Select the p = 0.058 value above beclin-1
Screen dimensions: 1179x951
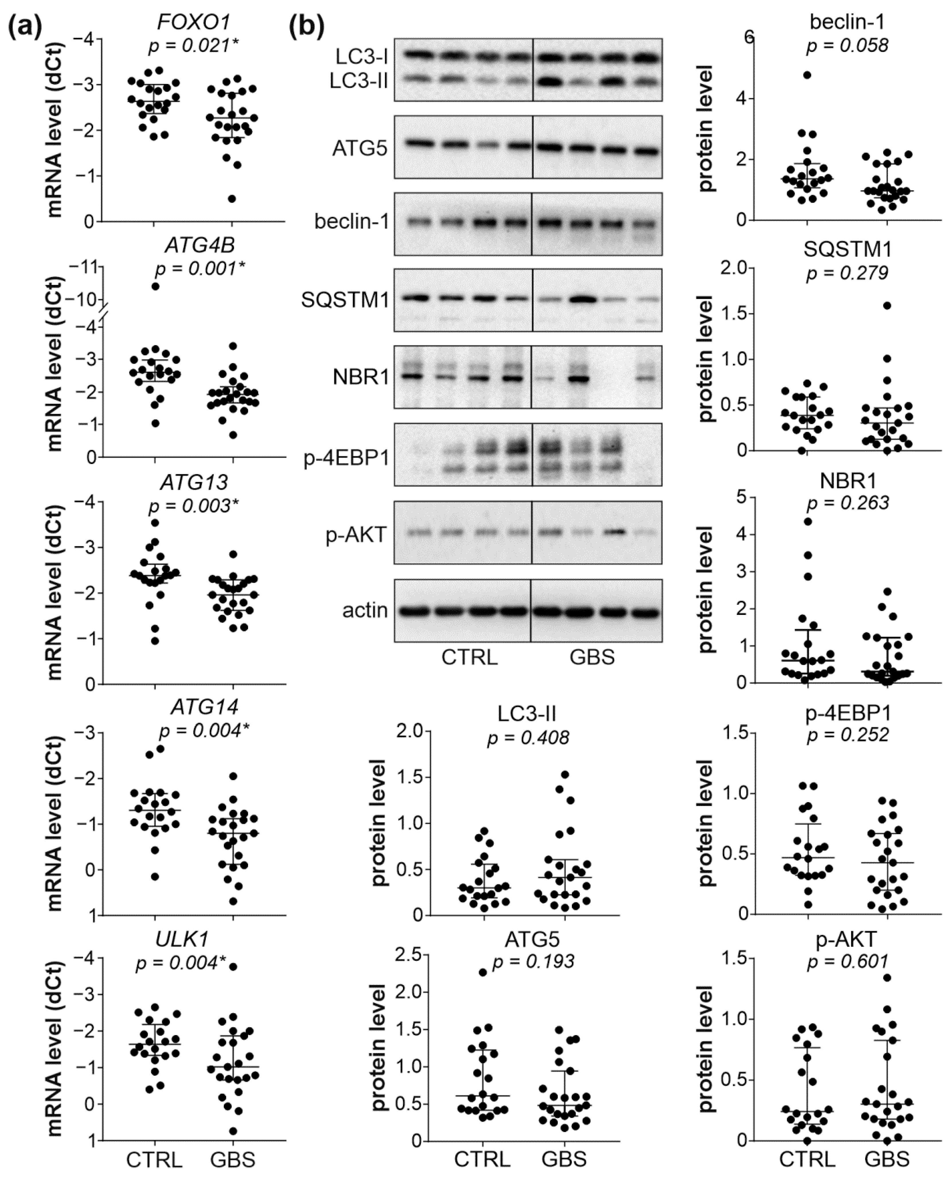coord(847,46)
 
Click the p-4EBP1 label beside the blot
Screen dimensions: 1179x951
coord(346,458)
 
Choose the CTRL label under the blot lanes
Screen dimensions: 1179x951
coord(469,657)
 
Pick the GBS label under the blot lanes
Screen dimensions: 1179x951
coord(592,657)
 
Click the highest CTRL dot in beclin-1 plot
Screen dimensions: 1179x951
coord(807,75)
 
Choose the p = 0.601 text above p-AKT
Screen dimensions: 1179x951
coord(847,962)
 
